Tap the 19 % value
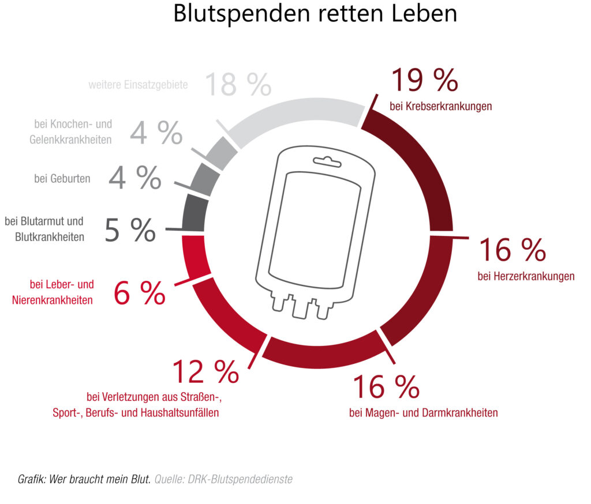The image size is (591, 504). [x=424, y=81]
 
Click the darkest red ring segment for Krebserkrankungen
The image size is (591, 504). [x=418, y=156]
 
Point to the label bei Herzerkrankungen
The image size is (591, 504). [x=526, y=276]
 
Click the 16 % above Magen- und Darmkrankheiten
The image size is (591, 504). [x=386, y=387]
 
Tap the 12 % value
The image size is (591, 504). [x=205, y=372]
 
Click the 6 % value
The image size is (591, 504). [x=139, y=294]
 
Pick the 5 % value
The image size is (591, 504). [x=130, y=230]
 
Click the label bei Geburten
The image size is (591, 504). [x=62, y=179]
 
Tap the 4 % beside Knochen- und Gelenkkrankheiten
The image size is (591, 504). [x=156, y=133]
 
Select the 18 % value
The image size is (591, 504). [x=237, y=85]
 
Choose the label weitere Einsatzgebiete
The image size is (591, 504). [x=138, y=85]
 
